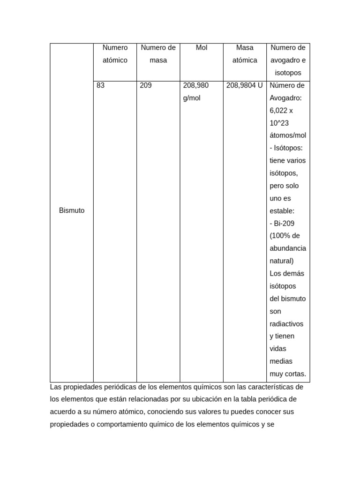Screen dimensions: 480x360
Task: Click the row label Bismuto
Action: tap(72, 210)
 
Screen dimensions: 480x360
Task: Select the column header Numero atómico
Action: tap(115, 54)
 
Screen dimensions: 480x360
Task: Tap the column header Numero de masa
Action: tap(158, 54)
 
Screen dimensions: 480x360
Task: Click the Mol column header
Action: tap(201, 48)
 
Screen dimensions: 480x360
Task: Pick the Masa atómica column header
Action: tap(245, 54)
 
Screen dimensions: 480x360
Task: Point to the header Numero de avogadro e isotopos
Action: tap(288, 60)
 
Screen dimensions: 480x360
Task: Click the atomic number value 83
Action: tap(101, 85)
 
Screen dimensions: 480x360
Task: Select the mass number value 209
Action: tap(146, 85)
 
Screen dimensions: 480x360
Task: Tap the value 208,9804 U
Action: tap(244, 85)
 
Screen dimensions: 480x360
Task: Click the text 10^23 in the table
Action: tap(279, 123)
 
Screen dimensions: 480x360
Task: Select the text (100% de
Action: tap(285, 236)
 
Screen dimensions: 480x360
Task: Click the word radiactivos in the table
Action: tap(286, 323)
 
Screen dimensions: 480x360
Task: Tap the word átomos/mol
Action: tap(288, 135)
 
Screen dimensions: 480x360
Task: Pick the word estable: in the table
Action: tap(282, 211)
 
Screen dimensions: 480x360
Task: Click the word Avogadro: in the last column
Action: tap(286, 98)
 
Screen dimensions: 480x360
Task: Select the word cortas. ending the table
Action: tap(295, 374)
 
